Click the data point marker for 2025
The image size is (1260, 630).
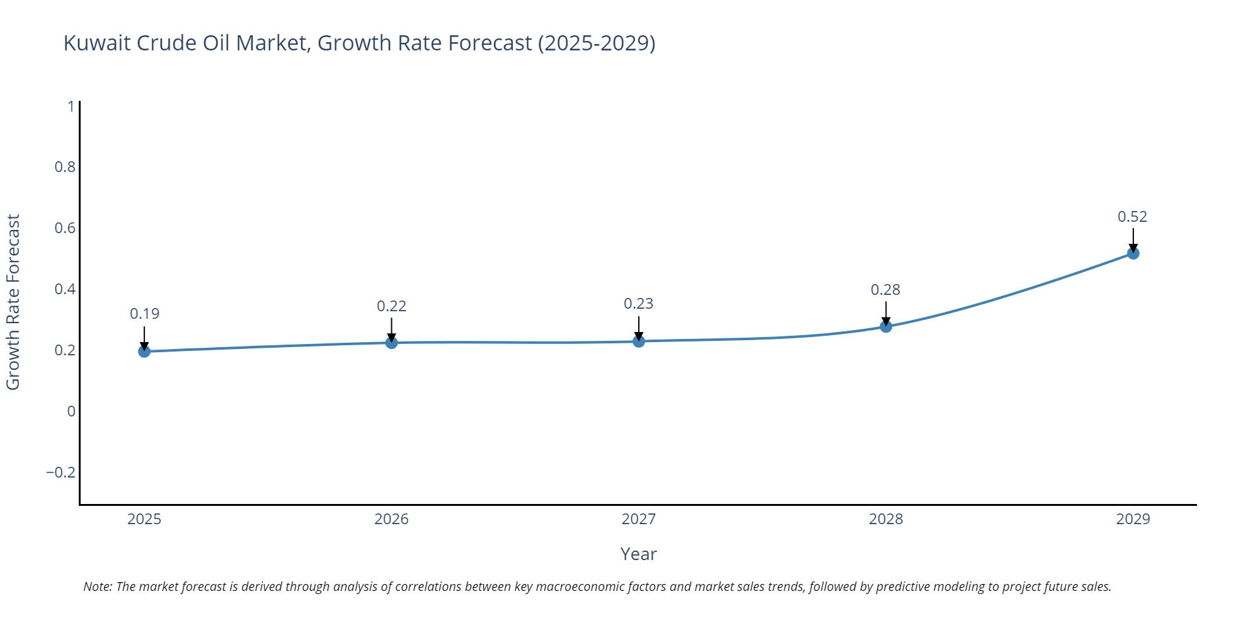tap(144, 351)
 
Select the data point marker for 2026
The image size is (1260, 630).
tap(391, 343)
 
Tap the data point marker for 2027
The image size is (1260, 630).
tap(639, 341)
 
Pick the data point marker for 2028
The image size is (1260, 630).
tap(886, 326)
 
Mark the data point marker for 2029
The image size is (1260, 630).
tap(1133, 253)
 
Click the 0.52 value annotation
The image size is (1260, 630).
tap(1132, 217)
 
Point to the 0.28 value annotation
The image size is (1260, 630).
tap(885, 290)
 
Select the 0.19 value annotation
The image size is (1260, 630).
tap(144, 314)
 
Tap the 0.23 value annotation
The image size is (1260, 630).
tap(638, 304)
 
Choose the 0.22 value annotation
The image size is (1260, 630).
tap(391, 306)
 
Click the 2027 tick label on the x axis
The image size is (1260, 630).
tap(638, 519)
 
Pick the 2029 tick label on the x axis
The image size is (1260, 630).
tap(1133, 519)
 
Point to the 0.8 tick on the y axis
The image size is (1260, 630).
tap(65, 167)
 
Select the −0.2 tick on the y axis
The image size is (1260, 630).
tap(60, 472)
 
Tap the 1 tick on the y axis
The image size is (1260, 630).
tap(71, 106)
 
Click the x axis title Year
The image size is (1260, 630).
tap(638, 554)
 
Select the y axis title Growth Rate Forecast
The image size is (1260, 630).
tap(13, 302)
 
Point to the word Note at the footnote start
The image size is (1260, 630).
tap(97, 587)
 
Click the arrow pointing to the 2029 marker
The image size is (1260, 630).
tap(1133, 239)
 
